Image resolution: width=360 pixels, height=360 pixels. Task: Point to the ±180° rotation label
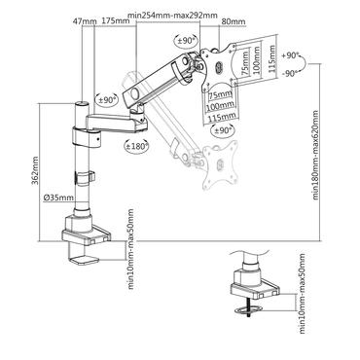pyautogui.click(x=137, y=147)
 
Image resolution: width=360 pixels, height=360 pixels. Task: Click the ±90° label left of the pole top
pyautogui.click(x=107, y=100)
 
